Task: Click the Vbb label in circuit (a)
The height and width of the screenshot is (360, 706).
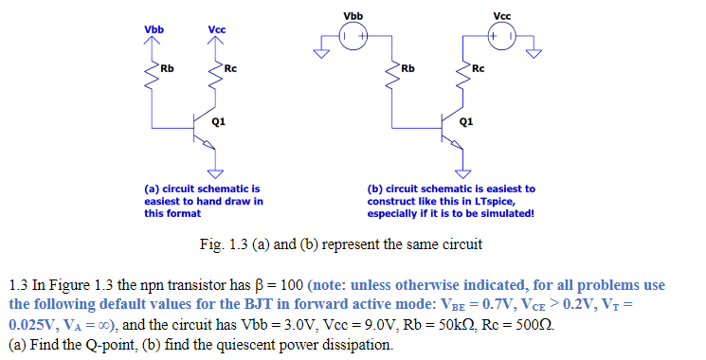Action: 154,29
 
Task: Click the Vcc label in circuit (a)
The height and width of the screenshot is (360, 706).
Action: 217,29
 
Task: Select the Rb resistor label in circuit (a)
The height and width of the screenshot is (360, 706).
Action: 167,68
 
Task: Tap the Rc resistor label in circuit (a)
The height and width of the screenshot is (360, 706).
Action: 230,68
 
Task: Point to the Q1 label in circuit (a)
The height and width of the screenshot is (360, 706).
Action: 219,121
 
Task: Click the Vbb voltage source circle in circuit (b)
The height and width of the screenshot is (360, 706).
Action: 353,37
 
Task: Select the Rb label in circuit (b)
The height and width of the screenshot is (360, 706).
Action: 408,68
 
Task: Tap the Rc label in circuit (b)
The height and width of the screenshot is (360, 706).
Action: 478,68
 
